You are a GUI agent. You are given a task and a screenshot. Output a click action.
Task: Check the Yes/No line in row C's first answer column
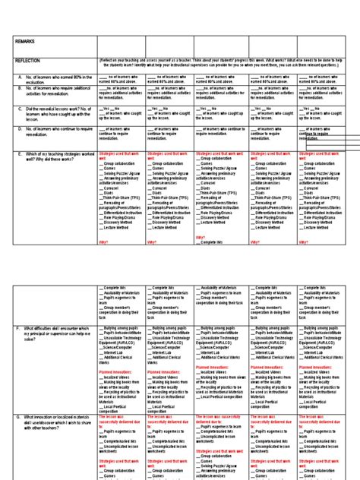114,109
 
